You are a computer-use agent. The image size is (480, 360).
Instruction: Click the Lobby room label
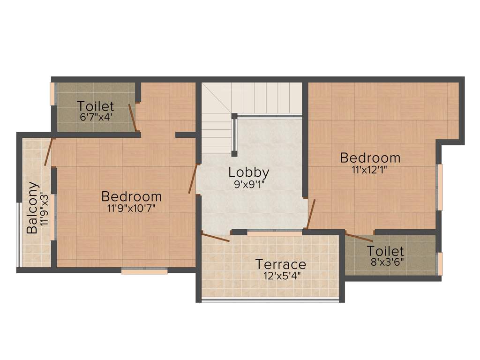click(249, 172)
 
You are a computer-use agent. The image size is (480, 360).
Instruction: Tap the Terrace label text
click(281, 265)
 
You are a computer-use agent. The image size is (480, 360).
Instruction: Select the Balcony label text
click(32, 208)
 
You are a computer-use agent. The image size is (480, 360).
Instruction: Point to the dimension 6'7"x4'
click(96, 116)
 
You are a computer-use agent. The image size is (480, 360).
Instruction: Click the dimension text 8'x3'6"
click(385, 262)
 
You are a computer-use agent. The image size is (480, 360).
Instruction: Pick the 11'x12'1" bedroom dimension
click(370, 169)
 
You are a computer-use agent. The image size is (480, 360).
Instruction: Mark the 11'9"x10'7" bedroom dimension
click(132, 208)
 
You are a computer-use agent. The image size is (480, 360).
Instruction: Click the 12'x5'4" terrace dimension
click(282, 276)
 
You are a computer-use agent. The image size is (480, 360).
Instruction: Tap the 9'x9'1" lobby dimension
click(249, 184)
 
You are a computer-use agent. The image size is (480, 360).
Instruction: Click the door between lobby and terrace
click(216, 237)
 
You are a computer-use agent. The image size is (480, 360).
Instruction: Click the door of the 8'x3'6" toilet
click(359, 237)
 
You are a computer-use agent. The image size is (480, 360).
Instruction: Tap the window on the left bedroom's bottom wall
click(144, 270)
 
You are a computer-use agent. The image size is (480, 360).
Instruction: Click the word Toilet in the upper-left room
click(96, 106)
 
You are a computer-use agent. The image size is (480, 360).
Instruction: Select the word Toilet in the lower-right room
click(385, 251)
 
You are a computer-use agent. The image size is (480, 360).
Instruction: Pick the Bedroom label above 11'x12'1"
click(370, 157)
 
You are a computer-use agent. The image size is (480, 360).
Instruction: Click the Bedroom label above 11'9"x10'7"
click(132, 196)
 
